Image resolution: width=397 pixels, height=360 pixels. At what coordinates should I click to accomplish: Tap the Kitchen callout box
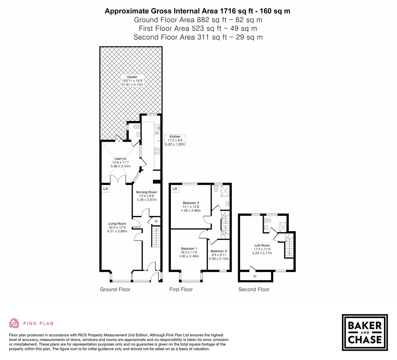pyautogui.click(x=175, y=140)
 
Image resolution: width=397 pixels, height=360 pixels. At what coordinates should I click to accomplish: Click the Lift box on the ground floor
pyautogui.click(x=106, y=189)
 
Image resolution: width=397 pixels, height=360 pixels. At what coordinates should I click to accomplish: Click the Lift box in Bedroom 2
pyautogui.click(x=175, y=189)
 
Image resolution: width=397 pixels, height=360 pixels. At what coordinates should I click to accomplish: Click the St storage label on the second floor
pyautogui.click(x=255, y=276)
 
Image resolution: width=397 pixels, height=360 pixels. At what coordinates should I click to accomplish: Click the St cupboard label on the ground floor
pyautogui.click(x=156, y=221)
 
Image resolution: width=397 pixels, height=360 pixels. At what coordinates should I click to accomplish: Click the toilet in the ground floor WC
pyautogui.click(x=135, y=127)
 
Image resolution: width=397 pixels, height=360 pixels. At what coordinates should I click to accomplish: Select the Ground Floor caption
pyautogui.click(x=115, y=289)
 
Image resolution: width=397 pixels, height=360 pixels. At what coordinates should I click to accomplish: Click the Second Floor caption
pyautogui.click(x=254, y=289)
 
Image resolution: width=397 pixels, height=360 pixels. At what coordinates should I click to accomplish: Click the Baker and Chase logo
pyautogui.click(x=365, y=332)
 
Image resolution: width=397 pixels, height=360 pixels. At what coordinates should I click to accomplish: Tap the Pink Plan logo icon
pyautogui.click(x=14, y=323)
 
